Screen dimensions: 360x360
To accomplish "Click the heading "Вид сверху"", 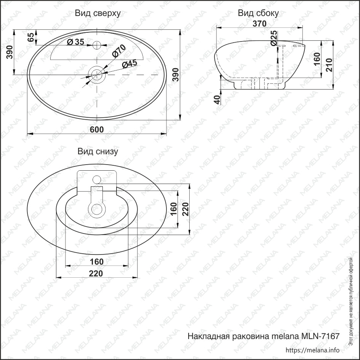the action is [x=98, y=14].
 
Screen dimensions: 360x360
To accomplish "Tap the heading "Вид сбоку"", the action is [x=258, y=13].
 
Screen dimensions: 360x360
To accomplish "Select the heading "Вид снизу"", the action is [x=98, y=152].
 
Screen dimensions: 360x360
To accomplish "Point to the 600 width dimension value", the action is [x=97, y=130].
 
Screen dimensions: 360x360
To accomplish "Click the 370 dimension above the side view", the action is [x=259, y=23].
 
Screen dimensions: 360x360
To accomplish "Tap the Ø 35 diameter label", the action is [x=75, y=42].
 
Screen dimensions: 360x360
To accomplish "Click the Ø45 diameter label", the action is [x=130, y=64].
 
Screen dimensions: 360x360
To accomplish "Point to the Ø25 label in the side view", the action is [x=274, y=38].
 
